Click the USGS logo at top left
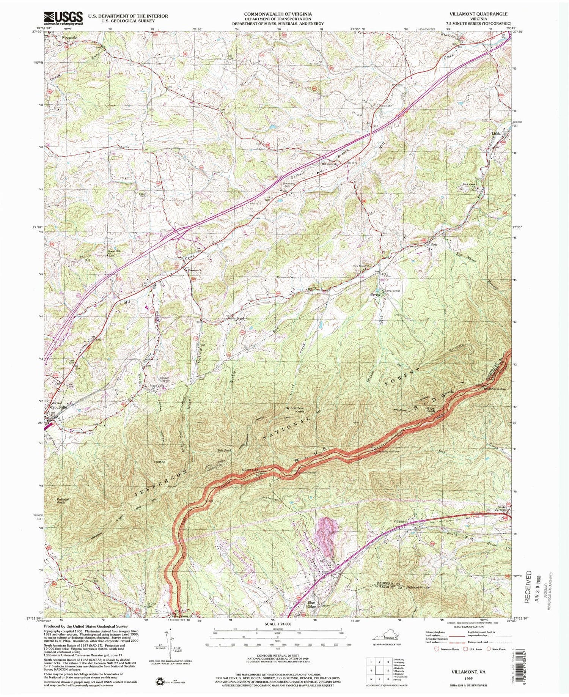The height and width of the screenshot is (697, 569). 63,18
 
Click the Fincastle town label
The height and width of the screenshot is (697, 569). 69,38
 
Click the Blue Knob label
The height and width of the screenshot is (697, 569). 431,410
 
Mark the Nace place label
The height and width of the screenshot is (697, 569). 240,319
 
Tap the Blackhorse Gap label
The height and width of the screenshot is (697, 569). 495,389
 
